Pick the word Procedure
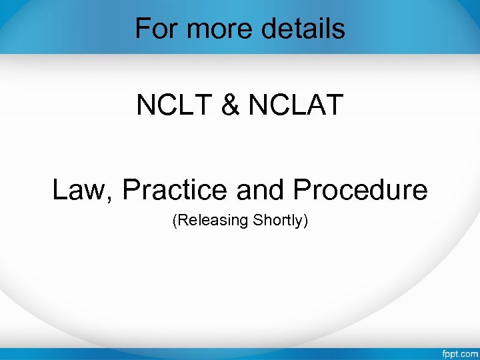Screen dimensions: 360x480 360,190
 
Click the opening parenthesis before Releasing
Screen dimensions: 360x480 175,221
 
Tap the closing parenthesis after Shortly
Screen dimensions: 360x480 305,221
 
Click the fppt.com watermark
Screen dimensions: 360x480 459,352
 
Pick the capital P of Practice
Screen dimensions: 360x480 131,190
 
